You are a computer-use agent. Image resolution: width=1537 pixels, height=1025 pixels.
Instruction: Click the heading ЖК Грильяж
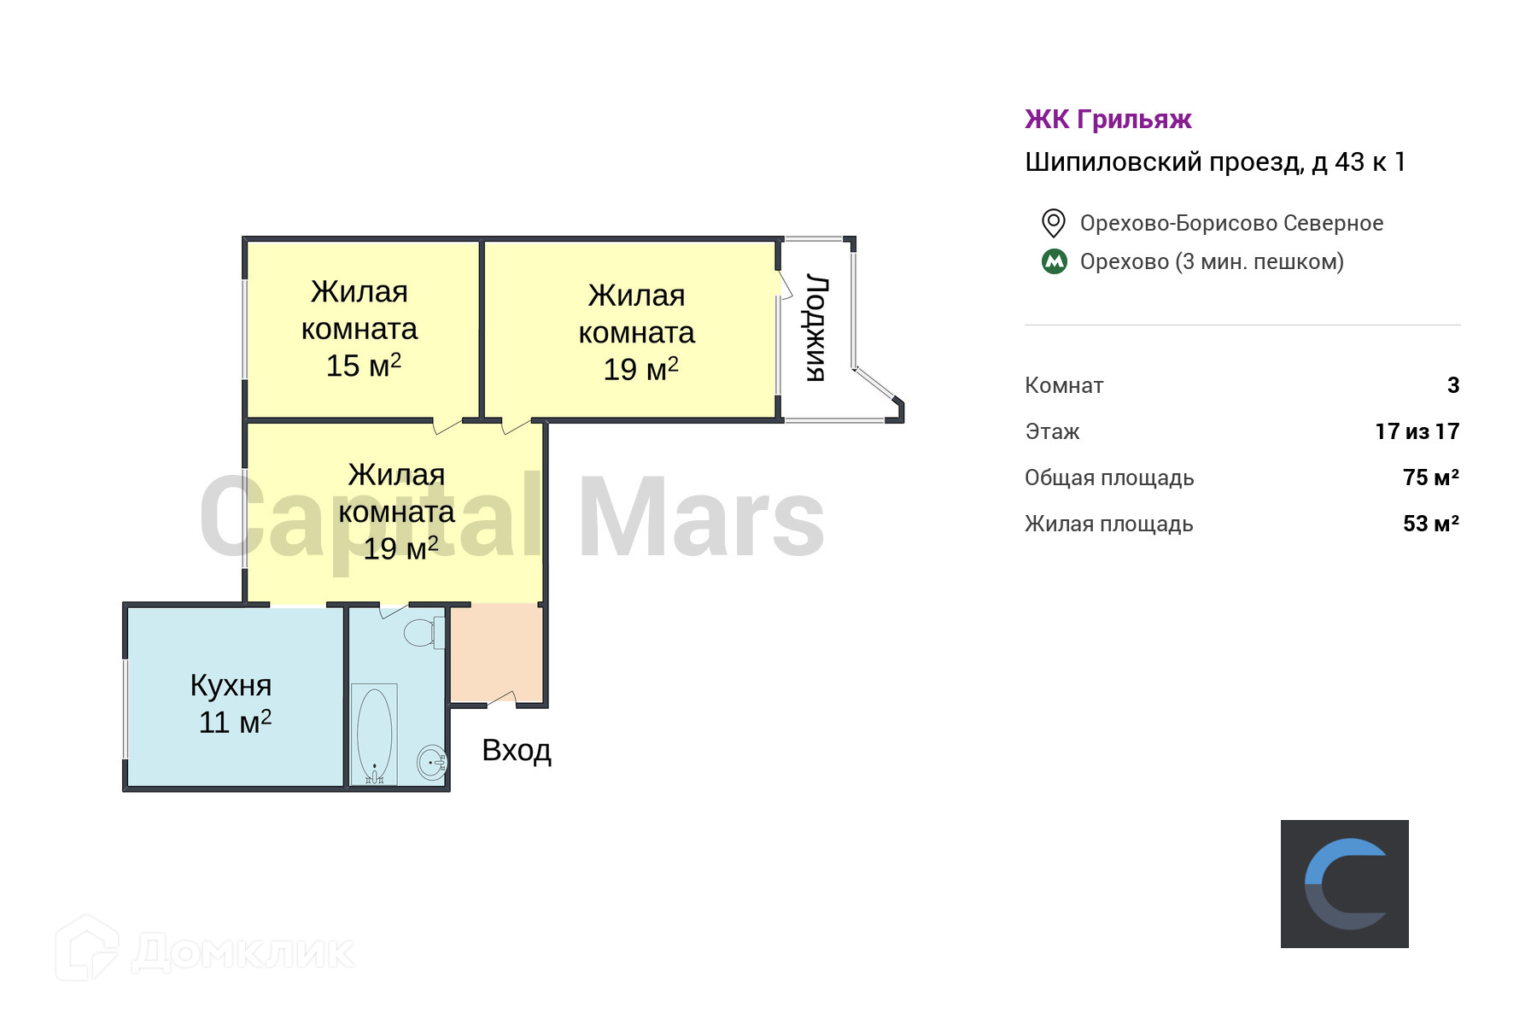[x=1107, y=120]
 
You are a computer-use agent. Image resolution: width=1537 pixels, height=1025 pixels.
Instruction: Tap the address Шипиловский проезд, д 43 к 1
[x=1214, y=162]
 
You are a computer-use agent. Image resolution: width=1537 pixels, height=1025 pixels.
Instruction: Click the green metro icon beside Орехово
[x=1055, y=261]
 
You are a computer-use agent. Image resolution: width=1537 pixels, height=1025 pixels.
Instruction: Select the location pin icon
[x=1053, y=223]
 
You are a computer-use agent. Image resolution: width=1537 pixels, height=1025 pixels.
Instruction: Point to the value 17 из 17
[x=1417, y=431]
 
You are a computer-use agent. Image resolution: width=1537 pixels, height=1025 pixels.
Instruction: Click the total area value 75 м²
[x=1430, y=477]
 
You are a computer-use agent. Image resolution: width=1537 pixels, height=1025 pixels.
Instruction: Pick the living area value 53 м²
[x=1430, y=524]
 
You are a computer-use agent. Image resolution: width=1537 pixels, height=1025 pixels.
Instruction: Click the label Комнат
[x=1064, y=385]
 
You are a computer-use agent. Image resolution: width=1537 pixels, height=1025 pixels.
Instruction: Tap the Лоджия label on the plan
[x=816, y=328]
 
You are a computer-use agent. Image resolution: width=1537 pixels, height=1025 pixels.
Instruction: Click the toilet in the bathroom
[x=420, y=632]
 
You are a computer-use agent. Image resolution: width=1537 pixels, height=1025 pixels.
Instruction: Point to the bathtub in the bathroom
[x=374, y=732]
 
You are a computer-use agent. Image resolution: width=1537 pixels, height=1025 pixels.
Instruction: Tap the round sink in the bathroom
[x=431, y=761]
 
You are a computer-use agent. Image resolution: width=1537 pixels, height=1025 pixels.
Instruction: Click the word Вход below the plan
[x=517, y=750]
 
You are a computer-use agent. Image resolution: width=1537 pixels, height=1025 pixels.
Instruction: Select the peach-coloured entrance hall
[x=496, y=653]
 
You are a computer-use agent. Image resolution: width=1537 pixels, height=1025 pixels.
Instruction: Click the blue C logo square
[x=1344, y=884]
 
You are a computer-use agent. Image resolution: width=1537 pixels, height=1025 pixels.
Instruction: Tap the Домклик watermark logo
[x=205, y=950]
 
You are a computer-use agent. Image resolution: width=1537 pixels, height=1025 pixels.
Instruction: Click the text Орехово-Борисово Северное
[x=1231, y=223]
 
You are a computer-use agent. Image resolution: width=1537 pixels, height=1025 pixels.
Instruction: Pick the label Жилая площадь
[x=1108, y=524]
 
